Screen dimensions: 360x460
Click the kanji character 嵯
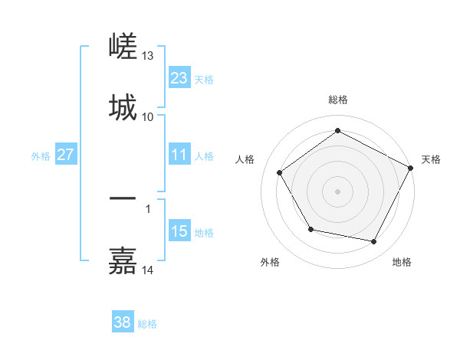coord(123,48)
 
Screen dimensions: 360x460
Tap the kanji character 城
coord(123,108)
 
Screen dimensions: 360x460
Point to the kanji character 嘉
coord(123,261)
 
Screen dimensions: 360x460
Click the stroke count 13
coord(148,56)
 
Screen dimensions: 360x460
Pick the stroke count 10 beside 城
coord(148,116)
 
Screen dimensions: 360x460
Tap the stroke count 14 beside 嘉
coord(148,270)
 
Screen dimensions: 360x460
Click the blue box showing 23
coord(179,78)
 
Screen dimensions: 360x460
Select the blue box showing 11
coord(179,155)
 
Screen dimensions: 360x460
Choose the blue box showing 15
coord(179,231)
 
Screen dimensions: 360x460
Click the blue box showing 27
coord(65,155)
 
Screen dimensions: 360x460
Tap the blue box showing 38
coord(122,322)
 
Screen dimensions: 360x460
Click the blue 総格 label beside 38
coord(147,324)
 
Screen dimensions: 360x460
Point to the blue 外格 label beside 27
coord(41,155)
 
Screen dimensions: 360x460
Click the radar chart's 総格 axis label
coord(338,100)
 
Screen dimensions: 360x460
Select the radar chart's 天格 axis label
coord(431,159)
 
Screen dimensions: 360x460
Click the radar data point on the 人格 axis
coord(279,172)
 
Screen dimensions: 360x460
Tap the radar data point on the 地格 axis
coord(374,242)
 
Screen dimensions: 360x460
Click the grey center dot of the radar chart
coord(338,191)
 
